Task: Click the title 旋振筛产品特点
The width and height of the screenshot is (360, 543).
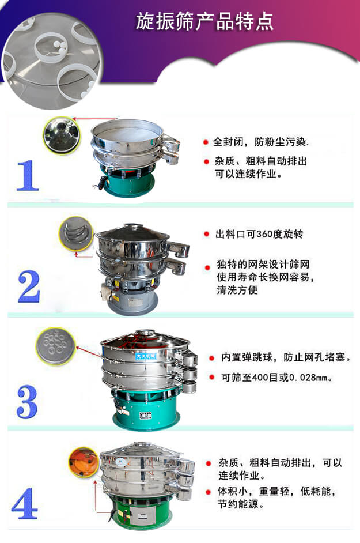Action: (x=204, y=21)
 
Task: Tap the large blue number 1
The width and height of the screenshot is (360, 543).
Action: (x=27, y=175)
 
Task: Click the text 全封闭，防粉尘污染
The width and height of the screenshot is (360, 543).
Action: (x=261, y=141)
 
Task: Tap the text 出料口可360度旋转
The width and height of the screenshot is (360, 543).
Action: (x=259, y=234)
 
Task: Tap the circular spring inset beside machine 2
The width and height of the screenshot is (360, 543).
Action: (x=75, y=233)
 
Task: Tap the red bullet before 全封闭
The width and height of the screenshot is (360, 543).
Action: (x=206, y=141)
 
